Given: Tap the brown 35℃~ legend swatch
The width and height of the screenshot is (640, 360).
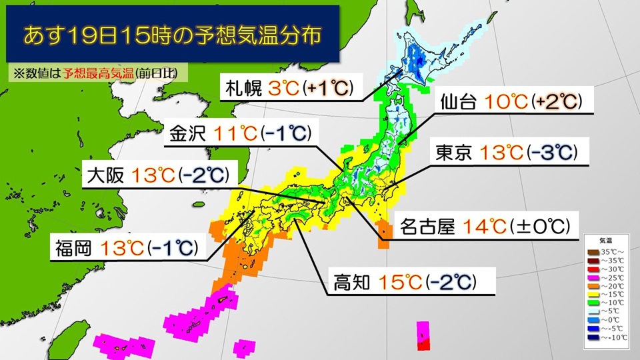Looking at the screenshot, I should tap(592, 253).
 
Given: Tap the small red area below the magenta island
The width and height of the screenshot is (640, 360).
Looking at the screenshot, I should tap(423, 344).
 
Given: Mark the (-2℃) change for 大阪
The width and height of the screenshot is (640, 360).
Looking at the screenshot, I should tap(204, 176).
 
